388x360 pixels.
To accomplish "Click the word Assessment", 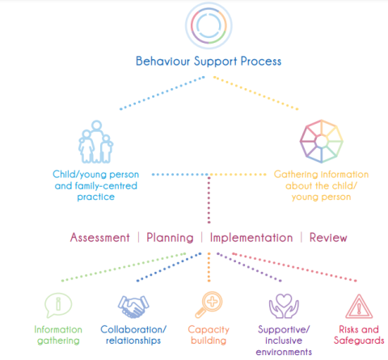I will coord(99,238).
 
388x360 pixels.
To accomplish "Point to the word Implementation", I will coord(251,238).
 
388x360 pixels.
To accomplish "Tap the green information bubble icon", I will coord(54,307).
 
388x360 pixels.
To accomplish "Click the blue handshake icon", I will coord(132,306).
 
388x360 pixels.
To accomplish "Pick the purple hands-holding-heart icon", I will coord(282,306).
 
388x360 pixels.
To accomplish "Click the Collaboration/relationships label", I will coord(133,335).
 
